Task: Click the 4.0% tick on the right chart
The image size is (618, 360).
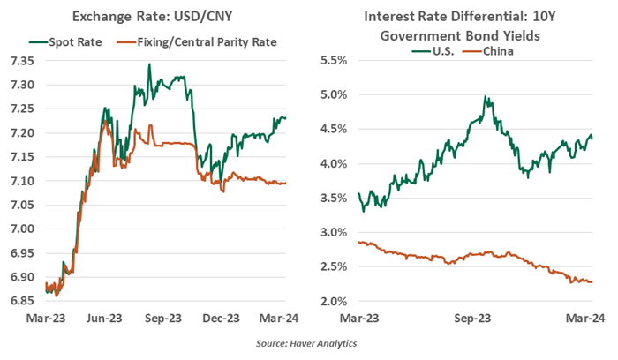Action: click(335, 164)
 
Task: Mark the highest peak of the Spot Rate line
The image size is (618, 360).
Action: click(149, 64)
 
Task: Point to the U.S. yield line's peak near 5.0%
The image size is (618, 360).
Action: click(485, 96)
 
